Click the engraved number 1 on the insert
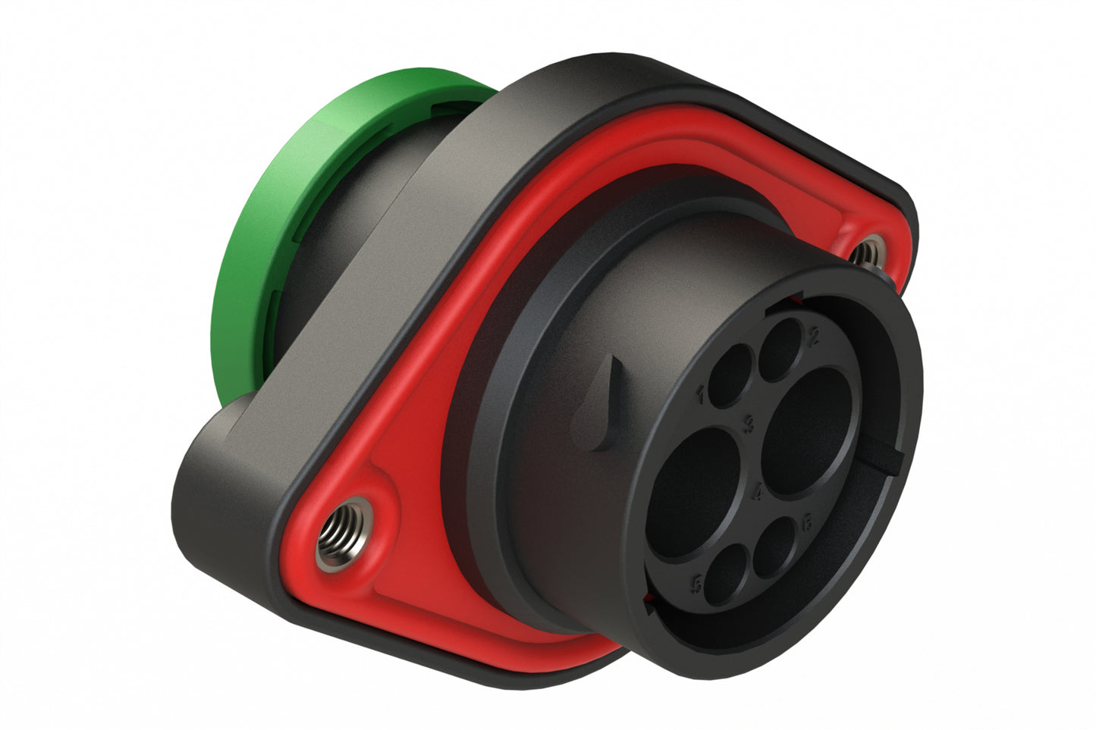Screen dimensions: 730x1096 [x=699, y=393]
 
